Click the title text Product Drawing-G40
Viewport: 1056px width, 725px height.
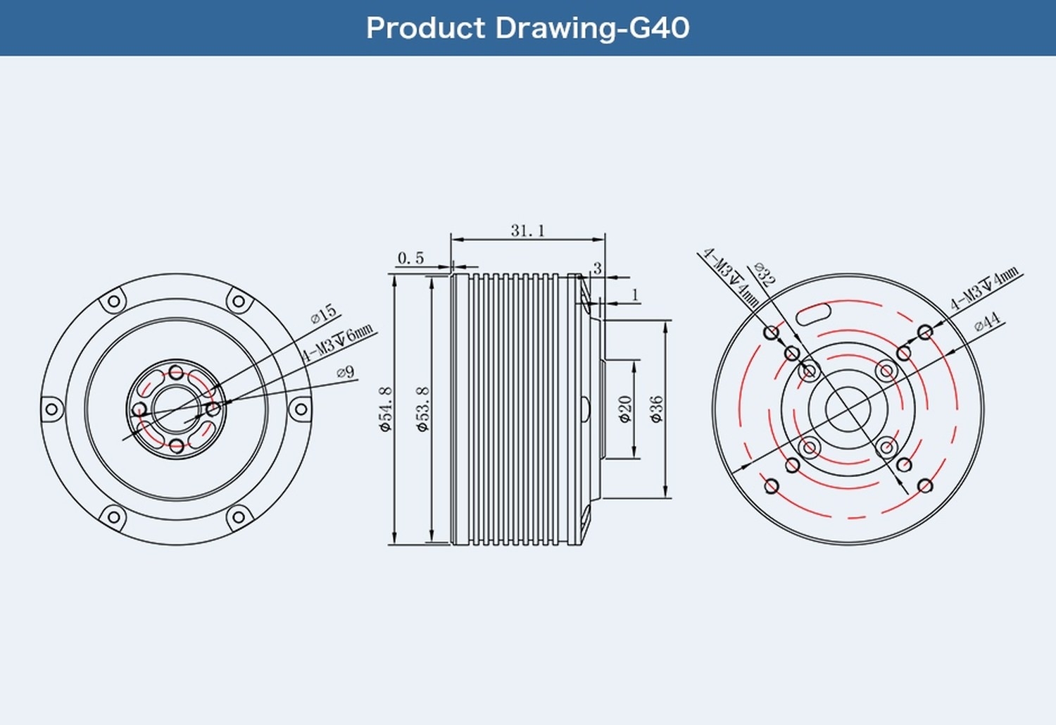click(527, 28)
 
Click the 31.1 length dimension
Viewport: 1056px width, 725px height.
click(527, 230)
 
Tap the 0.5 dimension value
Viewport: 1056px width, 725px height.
click(410, 259)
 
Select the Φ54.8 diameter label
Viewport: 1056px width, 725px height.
click(385, 409)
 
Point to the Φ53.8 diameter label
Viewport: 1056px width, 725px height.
click(422, 409)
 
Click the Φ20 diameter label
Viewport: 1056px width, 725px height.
click(625, 409)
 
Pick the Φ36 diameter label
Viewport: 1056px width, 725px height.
click(656, 409)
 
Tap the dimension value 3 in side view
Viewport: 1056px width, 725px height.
click(597, 268)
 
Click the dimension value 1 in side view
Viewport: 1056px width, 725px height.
click(635, 295)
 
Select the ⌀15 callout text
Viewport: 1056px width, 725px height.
click(324, 314)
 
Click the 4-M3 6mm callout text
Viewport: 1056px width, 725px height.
click(338, 342)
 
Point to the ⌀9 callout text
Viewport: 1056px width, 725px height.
click(346, 372)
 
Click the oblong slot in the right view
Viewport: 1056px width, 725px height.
click(814, 313)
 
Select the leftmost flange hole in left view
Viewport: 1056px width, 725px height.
click(51, 409)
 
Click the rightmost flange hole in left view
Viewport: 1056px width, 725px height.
click(301, 409)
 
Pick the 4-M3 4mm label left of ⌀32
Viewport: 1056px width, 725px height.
click(730, 278)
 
